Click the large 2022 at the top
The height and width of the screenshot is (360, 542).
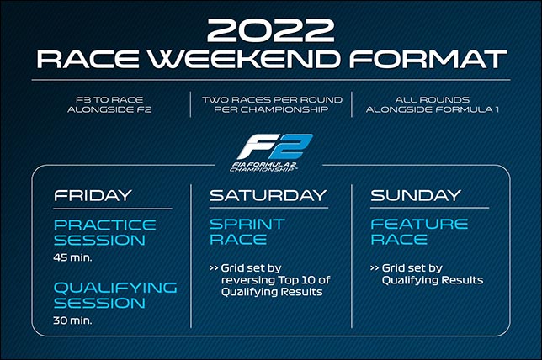(270, 30)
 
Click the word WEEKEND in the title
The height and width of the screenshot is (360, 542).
(244, 59)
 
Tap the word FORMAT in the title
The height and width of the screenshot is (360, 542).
(428, 59)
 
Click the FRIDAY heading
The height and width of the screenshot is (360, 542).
(93, 195)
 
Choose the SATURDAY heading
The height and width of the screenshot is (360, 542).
(268, 195)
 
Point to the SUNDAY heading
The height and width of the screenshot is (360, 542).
(416, 195)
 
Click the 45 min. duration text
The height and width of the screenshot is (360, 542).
(72, 257)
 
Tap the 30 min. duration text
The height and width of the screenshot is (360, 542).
(72, 320)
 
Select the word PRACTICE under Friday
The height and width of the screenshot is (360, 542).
(105, 225)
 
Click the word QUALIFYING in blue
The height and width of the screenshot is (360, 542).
(115, 289)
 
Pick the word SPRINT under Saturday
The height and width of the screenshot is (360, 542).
(247, 225)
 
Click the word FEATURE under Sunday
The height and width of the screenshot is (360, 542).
(419, 225)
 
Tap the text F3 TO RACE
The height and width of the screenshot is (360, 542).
(109, 100)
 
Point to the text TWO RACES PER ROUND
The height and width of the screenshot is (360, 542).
(272, 100)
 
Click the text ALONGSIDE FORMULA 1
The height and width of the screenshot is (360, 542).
(432, 109)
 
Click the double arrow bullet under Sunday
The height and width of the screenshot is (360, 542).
(375, 268)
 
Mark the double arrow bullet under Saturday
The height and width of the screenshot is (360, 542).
(214, 268)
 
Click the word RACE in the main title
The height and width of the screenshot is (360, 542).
(88, 59)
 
